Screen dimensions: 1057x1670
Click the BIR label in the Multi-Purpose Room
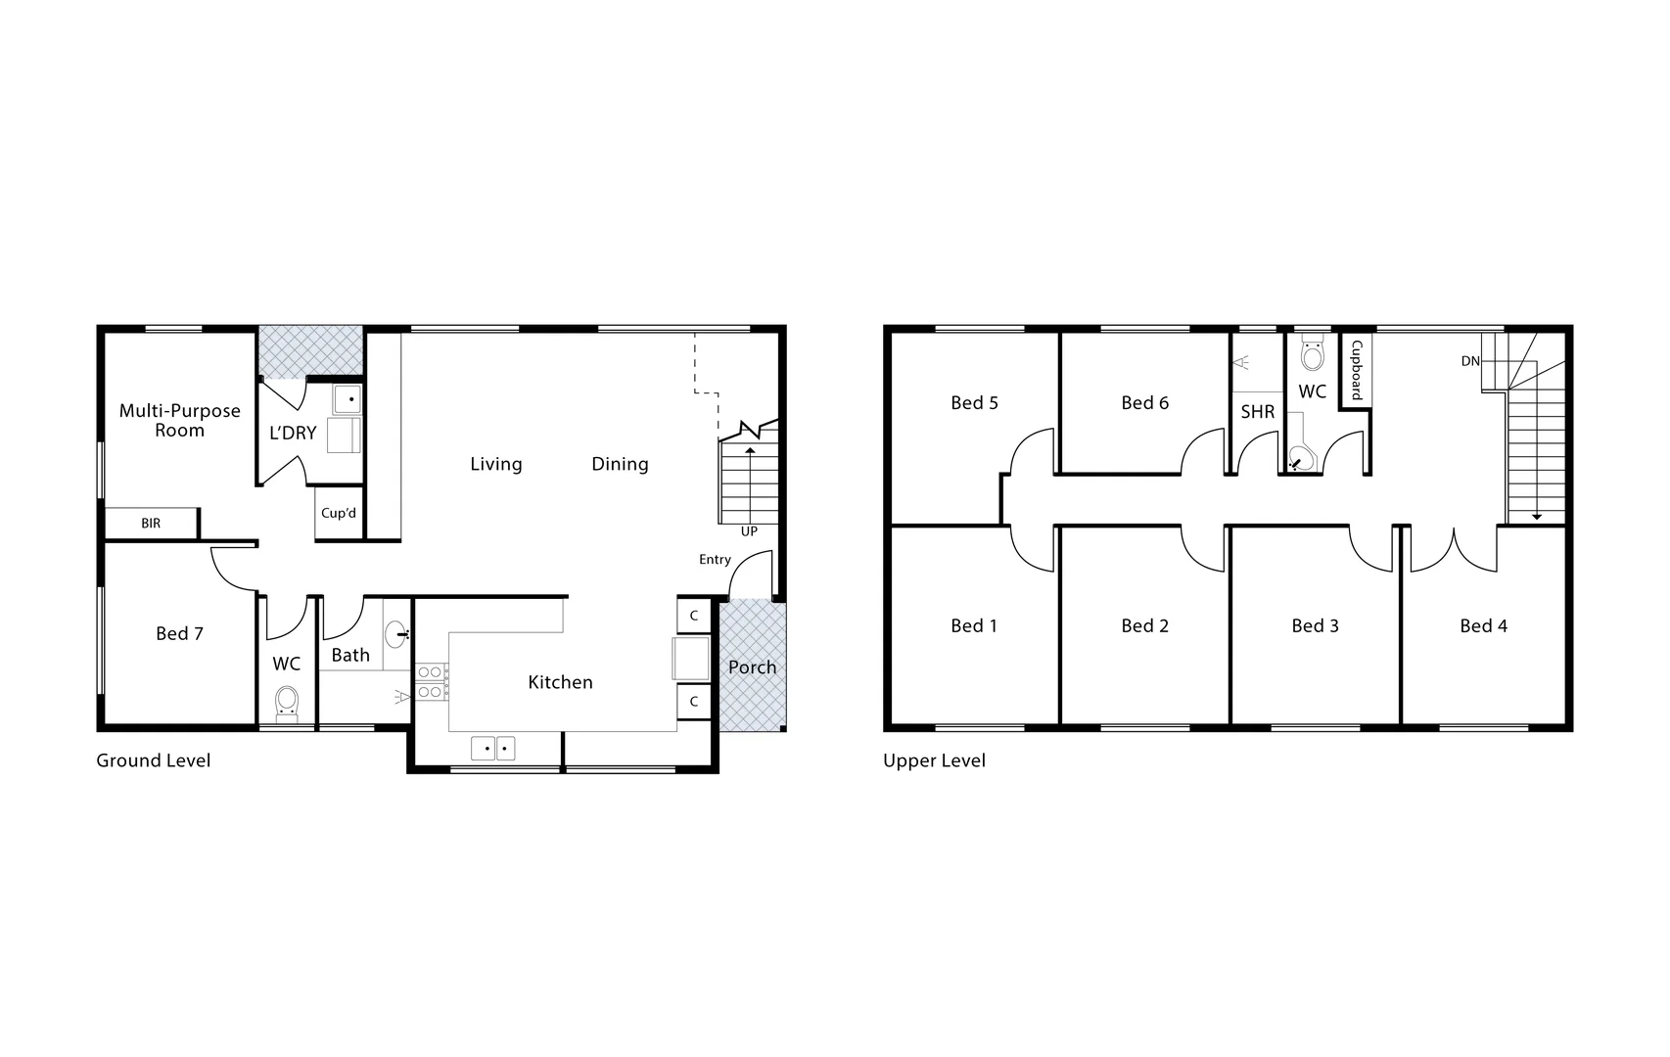(151, 524)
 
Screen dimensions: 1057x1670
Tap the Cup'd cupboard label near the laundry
(339, 513)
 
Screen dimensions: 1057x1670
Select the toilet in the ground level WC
(287, 702)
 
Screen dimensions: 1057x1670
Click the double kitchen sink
(493, 749)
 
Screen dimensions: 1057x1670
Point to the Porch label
(752, 667)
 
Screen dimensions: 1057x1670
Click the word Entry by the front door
(715, 560)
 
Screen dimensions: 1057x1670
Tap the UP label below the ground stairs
(749, 531)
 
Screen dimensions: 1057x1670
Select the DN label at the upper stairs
(1470, 361)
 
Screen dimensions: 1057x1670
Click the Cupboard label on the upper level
(1357, 371)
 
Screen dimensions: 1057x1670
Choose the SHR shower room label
(1258, 412)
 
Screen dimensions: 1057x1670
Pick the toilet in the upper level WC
(1313, 353)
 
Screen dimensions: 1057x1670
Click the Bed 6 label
(1144, 403)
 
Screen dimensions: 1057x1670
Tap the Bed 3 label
(1315, 626)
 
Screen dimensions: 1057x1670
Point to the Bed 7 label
(179, 634)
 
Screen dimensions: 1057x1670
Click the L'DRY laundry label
(293, 433)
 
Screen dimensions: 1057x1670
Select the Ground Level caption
(154, 760)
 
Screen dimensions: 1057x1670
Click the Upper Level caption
(934, 760)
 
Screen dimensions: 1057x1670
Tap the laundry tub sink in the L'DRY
(348, 399)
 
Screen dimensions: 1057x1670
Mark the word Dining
(620, 464)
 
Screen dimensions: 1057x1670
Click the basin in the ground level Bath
(396, 635)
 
